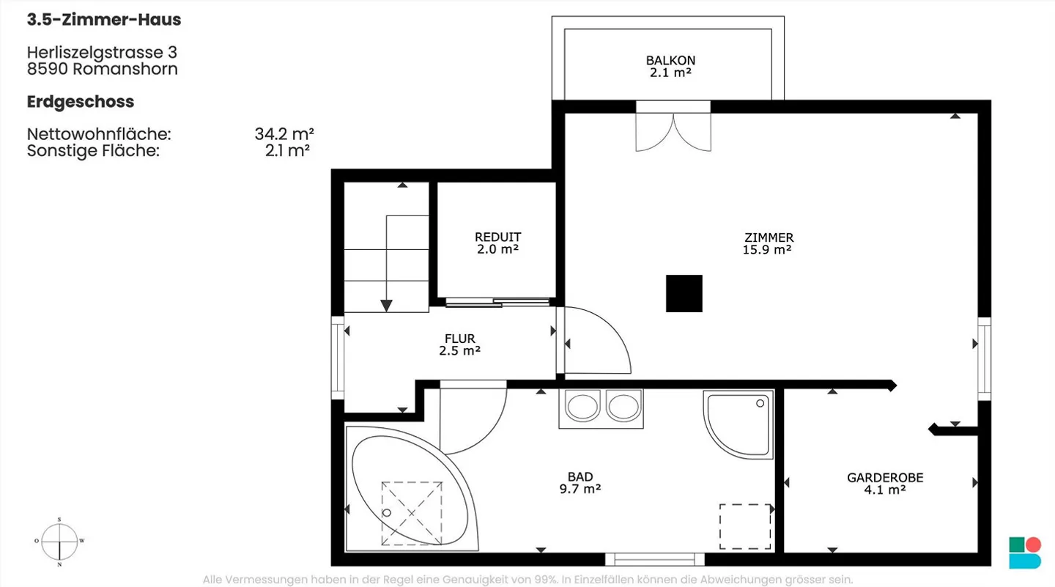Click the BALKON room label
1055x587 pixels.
pyautogui.click(x=670, y=67)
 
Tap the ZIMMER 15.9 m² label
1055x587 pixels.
pyautogui.click(x=768, y=243)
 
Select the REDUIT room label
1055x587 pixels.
pyautogui.click(x=498, y=243)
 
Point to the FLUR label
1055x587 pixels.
pyautogui.click(x=459, y=344)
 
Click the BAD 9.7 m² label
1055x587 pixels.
pyautogui.click(x=580, y=483)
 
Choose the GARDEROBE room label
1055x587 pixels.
pyautogui.click(x=885, y=484)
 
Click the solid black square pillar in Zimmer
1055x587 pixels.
pyautogui.click(x=684, y=293)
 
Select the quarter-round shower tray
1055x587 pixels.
pyautogui.click(x=738, y=424)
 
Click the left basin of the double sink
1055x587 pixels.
pyautogui.click(x=582, y=407)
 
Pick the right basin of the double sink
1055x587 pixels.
pyautogui.click(x=623, y=407)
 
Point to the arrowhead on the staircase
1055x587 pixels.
pyautogui.click(x=386, y=306)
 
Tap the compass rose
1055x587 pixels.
pyautogui.click(x=59, y=542)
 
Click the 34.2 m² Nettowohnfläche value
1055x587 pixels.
pyautogui.click(x=284, y=134)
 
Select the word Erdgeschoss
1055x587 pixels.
pyautogui.click(x=81, y=103)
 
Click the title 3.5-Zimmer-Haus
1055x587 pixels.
pyautogui.click(x=104, y=19)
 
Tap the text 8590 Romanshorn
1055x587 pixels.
pyautogui.click(x=103, y=69)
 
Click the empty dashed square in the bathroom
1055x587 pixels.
pyautogui.click(x=745, y=527)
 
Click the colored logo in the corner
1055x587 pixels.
pyautogui.click(x=1025, y=553)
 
